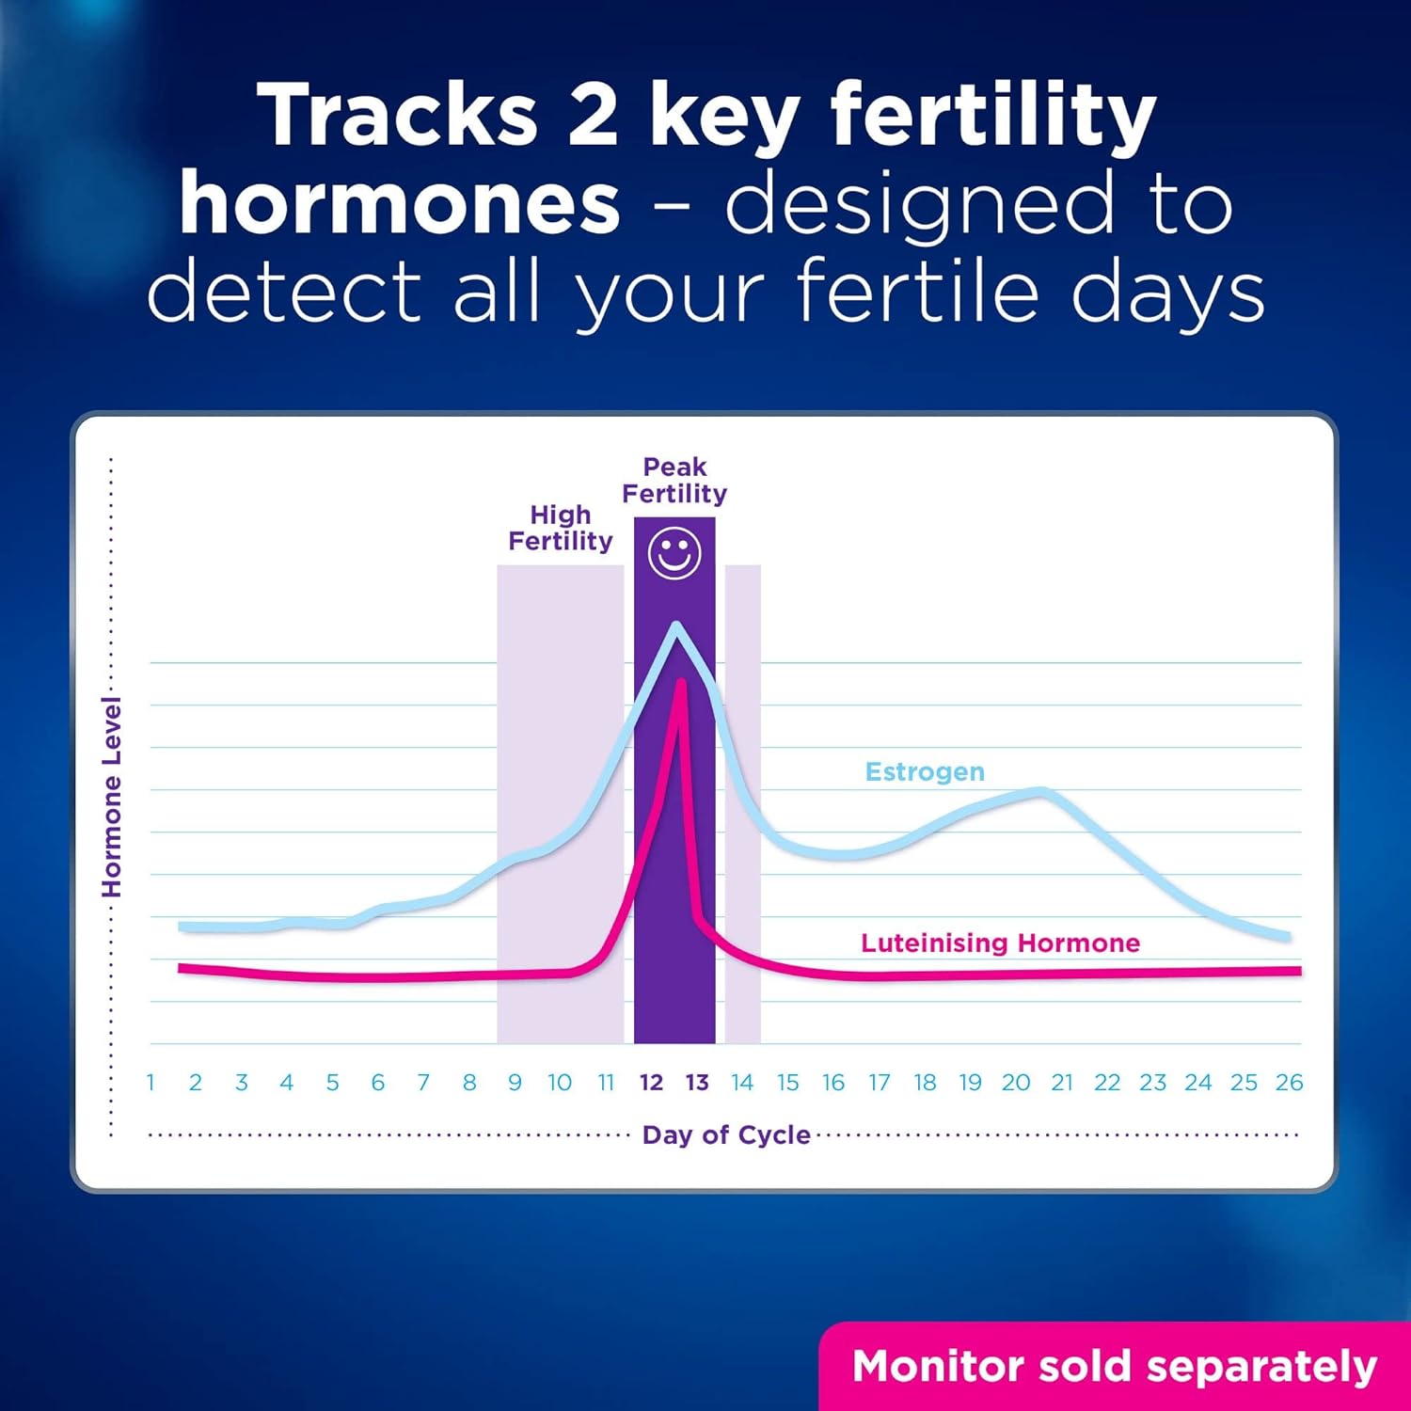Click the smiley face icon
(x=674, y=553)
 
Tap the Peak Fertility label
(x=674, y=481)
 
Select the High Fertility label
(x=561, y=528)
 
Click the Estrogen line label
(x=925, y=772)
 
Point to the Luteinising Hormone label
(x=1000, y=943)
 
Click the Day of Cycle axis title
(x=725, y=1135)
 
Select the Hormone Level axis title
(x=112, y=798)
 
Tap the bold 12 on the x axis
(x=651, y=1083)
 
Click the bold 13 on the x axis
(x=697, y=1083)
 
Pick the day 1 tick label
(x=151, y=1083)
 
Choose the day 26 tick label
(x=1289, y=1083)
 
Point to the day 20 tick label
(x=1015, y=1083)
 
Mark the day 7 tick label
(x=423, y=1083)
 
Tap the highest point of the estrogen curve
(x=675, y=625)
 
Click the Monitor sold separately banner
(x=1115, y=1367)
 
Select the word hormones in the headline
(x=400, y=204)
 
